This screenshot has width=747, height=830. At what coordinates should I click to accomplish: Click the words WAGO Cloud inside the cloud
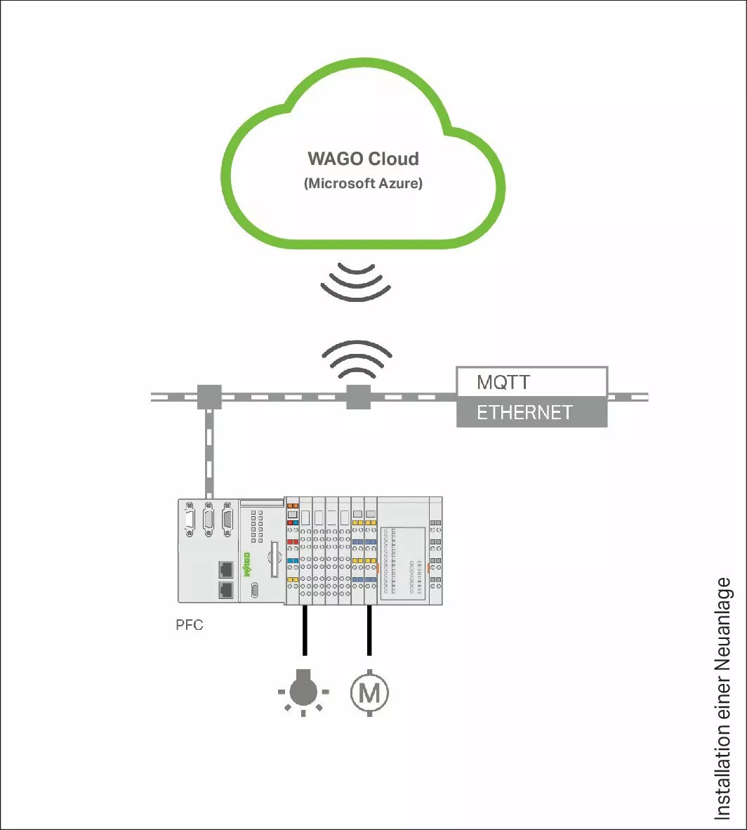click(x=363, y=159)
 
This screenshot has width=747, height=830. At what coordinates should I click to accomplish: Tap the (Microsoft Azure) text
click(x=363, y=185)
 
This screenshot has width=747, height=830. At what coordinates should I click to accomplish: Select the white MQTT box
click(x=532, y=382)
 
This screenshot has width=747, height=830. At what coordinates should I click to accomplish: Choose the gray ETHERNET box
click(x=532, y=412)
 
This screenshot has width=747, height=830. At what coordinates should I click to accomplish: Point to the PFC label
click(x=190, y=624)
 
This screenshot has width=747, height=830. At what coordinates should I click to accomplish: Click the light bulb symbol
click(x=303, y=692)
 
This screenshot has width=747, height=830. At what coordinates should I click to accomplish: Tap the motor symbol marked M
click(x=369, y=693)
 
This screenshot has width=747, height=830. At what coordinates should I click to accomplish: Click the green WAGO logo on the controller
click(x=247, y=565)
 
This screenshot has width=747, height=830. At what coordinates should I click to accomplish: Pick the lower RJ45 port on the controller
click(x=226, y=589)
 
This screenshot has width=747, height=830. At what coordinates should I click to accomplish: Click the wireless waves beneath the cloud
click(x=355, y=280)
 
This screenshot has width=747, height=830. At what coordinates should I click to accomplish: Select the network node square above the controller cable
click(x=209, y=397)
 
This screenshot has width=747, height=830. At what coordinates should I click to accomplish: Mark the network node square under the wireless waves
click(x=358, y=396)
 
